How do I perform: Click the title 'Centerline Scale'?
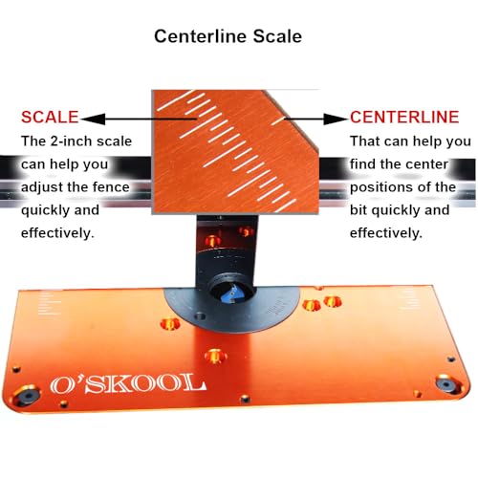pos(228,37)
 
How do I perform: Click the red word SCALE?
pos(50,118)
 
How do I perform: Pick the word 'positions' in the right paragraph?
pos(388,186)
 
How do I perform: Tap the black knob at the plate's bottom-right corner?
pos(445,384)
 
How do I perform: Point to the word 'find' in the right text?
pos(365,163)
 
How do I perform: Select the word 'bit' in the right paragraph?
pos(361,209)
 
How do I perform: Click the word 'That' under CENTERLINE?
pos(367,141)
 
